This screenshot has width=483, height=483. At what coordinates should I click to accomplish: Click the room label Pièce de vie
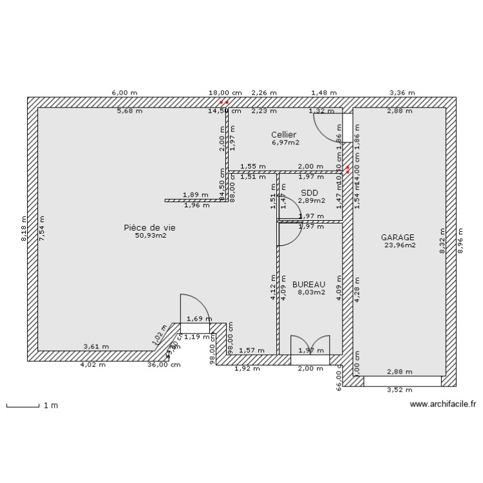[x=149, y=227]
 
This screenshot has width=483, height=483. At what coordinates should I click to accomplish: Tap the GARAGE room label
[x=397, y=237]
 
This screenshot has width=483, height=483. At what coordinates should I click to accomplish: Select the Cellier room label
[x=283, y=134]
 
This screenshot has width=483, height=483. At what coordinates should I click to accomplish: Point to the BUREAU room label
[x=308, y=284]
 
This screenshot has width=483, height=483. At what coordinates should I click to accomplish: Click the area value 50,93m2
[x=150, y=236]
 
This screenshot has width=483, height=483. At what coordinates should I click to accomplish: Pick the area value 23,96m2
[x=399, y=245]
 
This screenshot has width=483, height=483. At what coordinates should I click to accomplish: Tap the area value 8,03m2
[x=311, y=292]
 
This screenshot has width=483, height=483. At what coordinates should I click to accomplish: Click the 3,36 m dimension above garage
[x=402, y=93]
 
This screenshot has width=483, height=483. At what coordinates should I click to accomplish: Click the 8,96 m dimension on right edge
[x=460, y=242]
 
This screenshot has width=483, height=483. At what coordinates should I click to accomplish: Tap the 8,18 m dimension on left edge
[x=24, y=229]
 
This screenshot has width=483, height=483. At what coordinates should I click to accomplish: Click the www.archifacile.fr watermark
[x=442, y=404]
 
